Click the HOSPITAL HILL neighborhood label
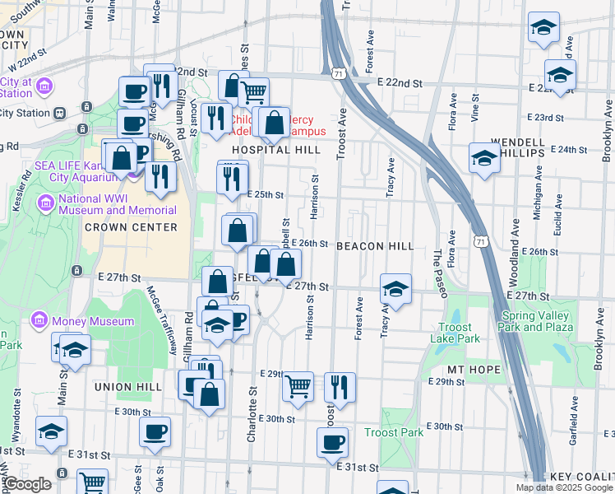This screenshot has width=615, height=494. [x=275, y=150]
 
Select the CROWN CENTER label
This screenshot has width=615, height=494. [x=131, y=226]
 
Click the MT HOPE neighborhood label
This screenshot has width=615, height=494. [x=474, y=370]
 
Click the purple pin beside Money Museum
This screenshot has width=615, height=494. [x=38, y=319]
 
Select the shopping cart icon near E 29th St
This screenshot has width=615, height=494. [x=298, y=385]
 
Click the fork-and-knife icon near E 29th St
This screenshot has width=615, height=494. [x=339, y=385]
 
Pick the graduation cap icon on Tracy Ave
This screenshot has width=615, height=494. [x=395, y=289]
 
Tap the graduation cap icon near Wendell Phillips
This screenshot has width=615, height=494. [x=484, y=156]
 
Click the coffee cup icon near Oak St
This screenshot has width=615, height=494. [x=155, y=431]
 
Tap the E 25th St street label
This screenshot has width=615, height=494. [x=265, y=195]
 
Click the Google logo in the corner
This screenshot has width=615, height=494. [x=27, y=485]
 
